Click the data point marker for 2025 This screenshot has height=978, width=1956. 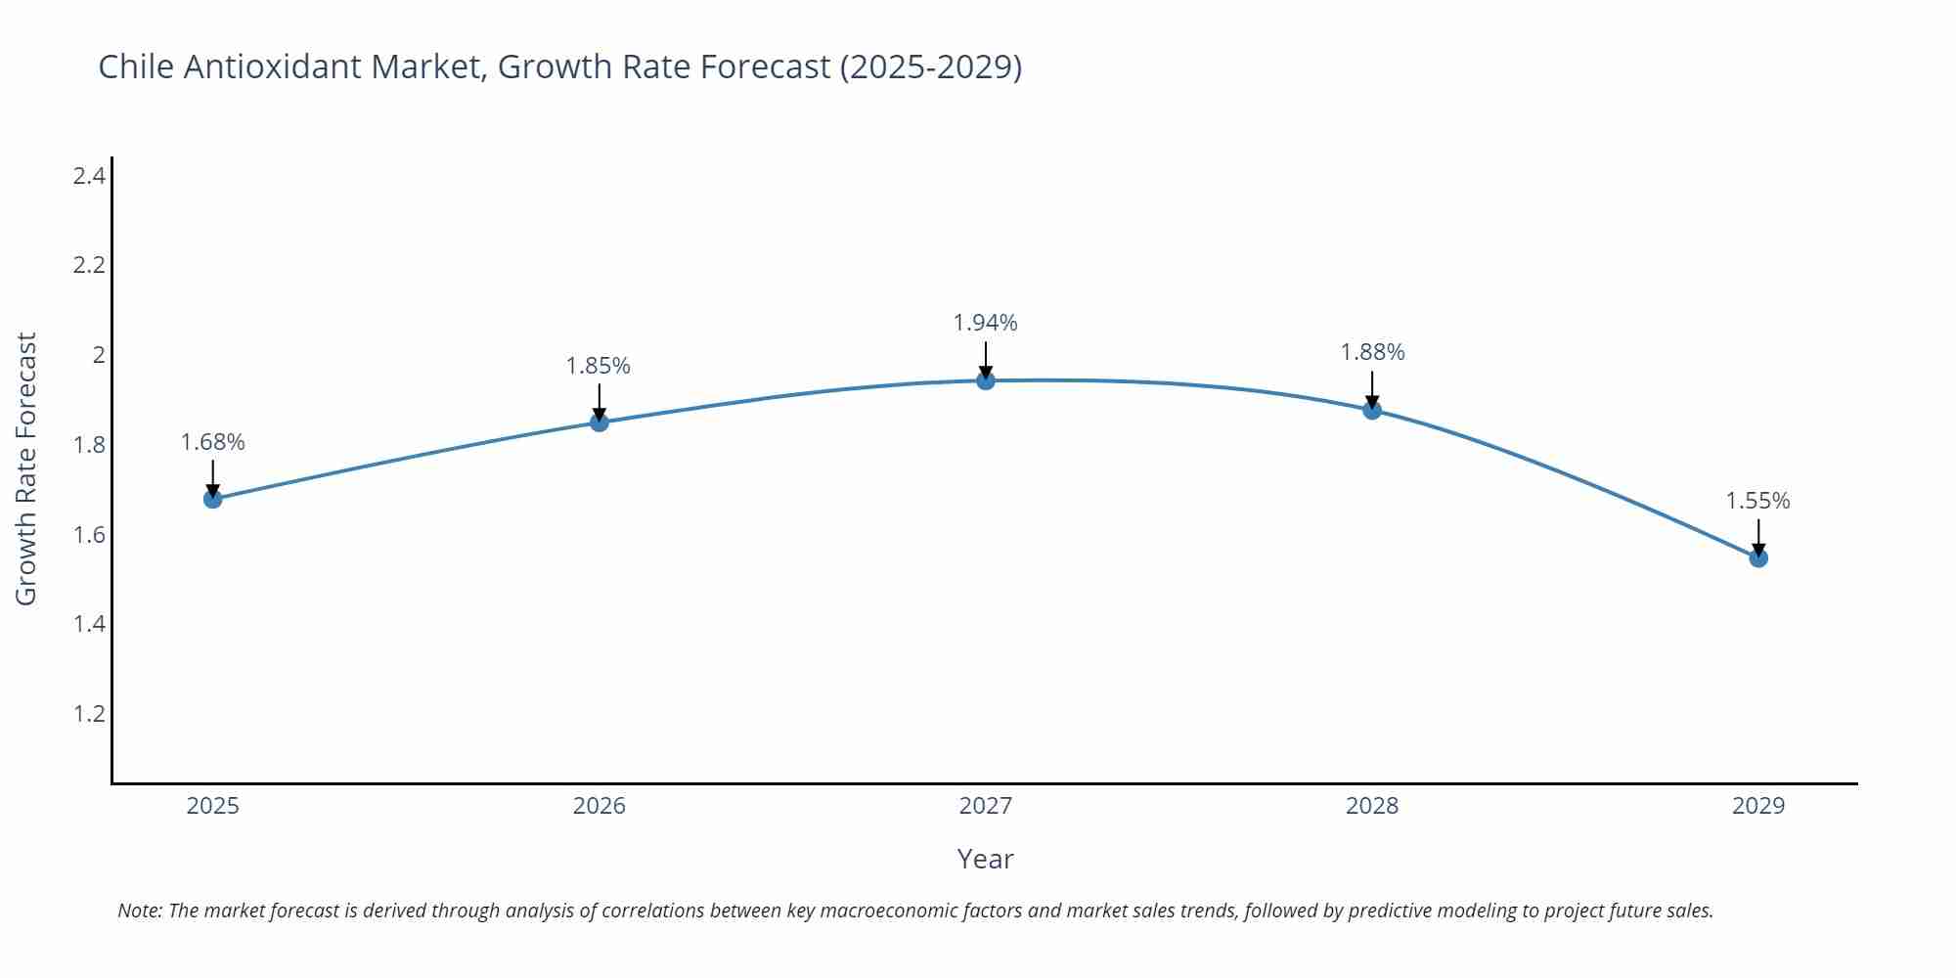click(212, 499)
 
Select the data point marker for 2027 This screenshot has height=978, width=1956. click(986, 380)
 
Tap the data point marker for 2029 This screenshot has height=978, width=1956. click(1758, 558)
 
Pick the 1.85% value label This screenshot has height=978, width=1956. click(599, 366)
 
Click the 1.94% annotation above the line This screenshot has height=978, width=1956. click(986, 323)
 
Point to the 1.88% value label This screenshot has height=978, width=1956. click(1372, 352)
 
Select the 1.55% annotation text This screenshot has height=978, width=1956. click(1757, 501)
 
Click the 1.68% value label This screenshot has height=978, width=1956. click(212, 442)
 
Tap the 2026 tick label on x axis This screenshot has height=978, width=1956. click(599, 806)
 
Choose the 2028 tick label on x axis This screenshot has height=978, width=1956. click(1372, 806)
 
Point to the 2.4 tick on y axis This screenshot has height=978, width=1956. click(89, 176)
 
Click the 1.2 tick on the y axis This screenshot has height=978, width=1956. click(89, 714)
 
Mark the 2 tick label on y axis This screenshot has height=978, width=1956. click(99, 355)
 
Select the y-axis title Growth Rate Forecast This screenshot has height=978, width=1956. click(26, 468)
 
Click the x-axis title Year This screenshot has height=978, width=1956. click(985, 859)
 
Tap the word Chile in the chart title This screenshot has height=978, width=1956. click(137, 67)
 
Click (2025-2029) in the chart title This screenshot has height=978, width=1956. click(930, 67)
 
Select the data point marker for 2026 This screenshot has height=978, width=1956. click(600, 422)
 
